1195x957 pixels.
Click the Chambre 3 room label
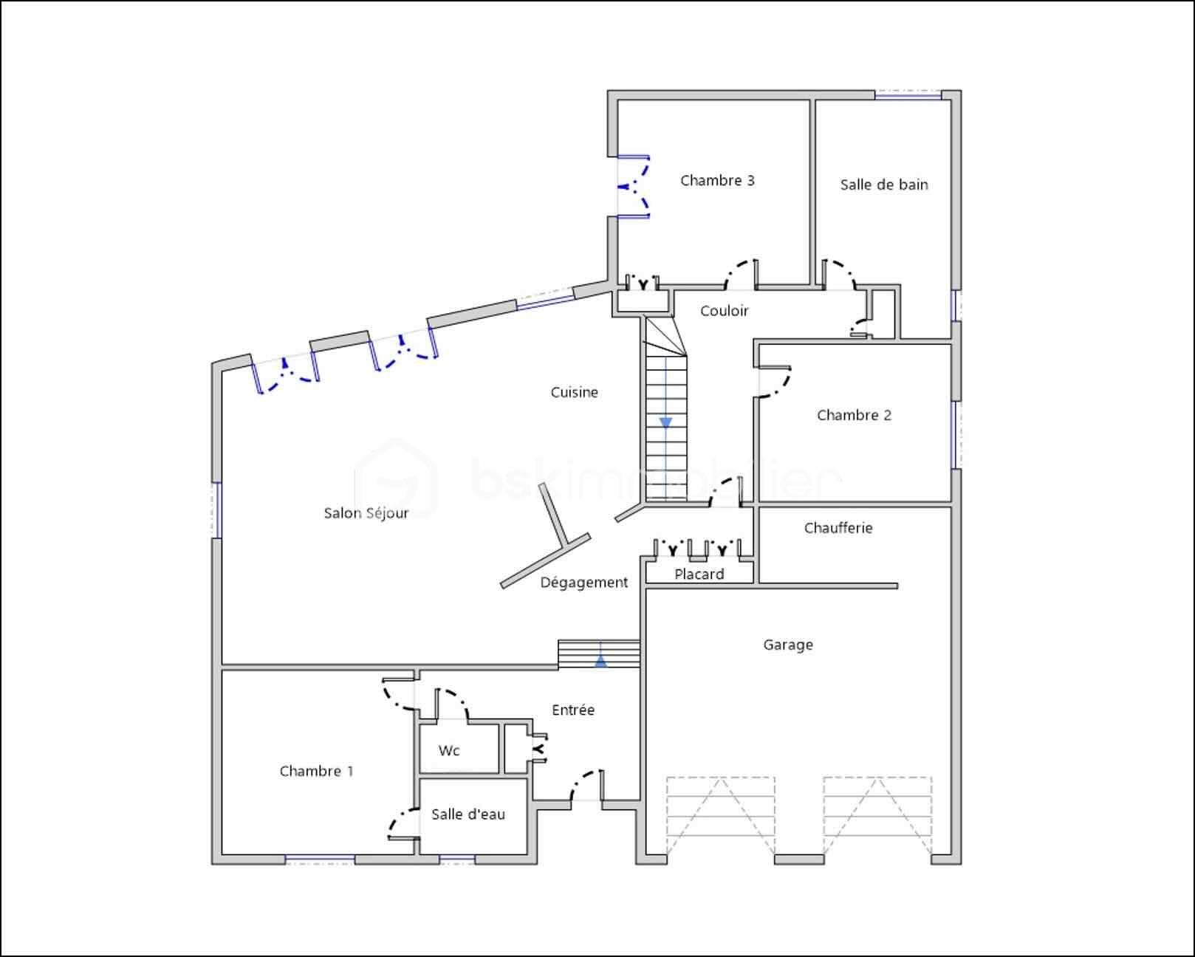(x=717, y=180)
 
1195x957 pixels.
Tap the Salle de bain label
(x=884, y=185)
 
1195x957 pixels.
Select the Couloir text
(x=724, y=311)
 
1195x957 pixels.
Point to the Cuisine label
(x=574, y=392)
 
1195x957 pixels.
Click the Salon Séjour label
(x=366, y=513)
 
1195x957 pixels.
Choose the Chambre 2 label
(x=854, y=415)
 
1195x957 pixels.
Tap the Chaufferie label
(x=838, y=528)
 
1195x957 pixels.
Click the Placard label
(x=699, y=574)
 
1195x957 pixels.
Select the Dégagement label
(x=583, y=583)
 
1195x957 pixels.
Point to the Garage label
(x=788, y=645)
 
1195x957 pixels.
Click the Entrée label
(x=573, y=710)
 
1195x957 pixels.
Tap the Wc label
(x=449, y=751)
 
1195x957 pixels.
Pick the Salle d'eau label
(x=468, y=814)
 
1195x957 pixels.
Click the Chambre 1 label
(x=316, y=771)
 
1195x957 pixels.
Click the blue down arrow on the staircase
(x=665, y=422)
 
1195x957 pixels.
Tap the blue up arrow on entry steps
(x=601, y=661)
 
